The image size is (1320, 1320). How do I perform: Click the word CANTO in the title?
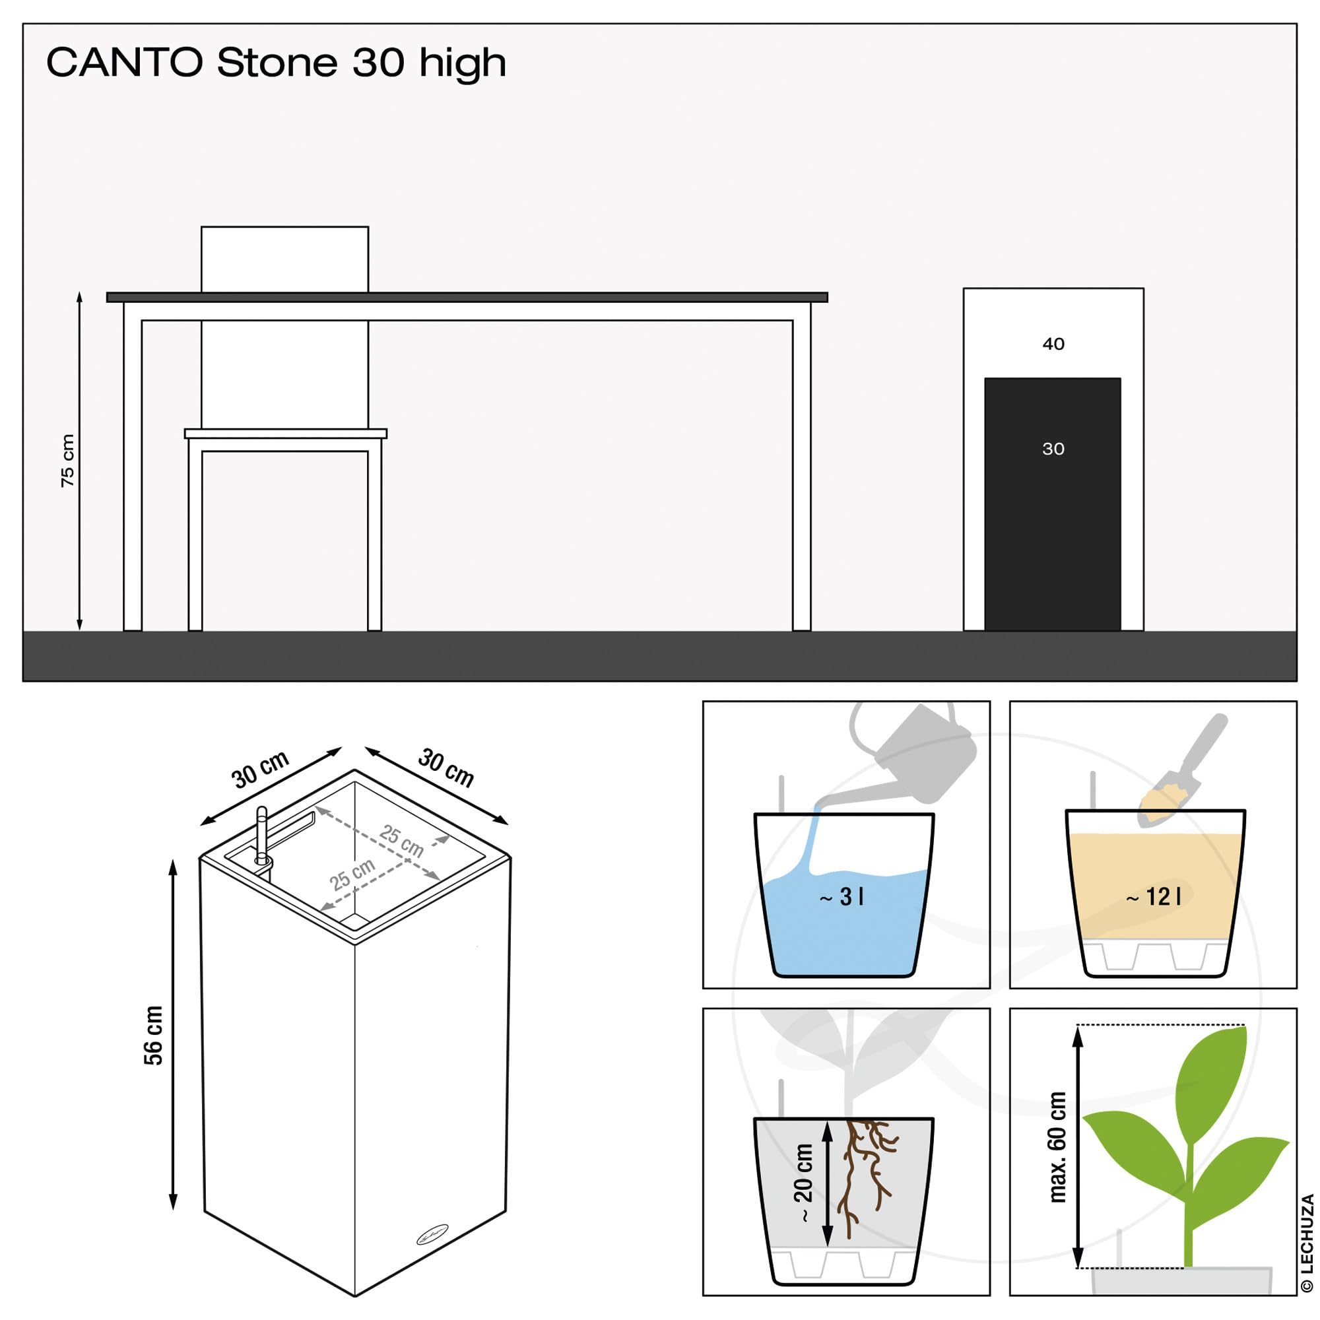pos(125,63)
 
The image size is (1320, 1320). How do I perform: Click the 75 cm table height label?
pos(67,461)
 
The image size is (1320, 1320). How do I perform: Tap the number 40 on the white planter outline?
pos(1053,344)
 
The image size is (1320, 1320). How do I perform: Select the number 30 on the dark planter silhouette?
pos(1053,449)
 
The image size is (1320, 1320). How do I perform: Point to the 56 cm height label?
pos(154,1035)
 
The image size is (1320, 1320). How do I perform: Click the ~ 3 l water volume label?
pos(841,896)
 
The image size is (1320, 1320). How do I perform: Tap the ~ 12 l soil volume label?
pos(1153,896)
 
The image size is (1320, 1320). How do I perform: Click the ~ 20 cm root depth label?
pos(803,1183)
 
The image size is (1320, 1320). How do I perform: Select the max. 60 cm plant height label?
pos(1056,1147)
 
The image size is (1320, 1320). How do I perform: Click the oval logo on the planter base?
pos(432,1235)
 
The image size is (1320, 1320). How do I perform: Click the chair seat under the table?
pos(286,433)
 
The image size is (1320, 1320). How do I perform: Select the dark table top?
pos(467,297)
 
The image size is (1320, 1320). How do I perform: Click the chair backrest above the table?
pos(285,259)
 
